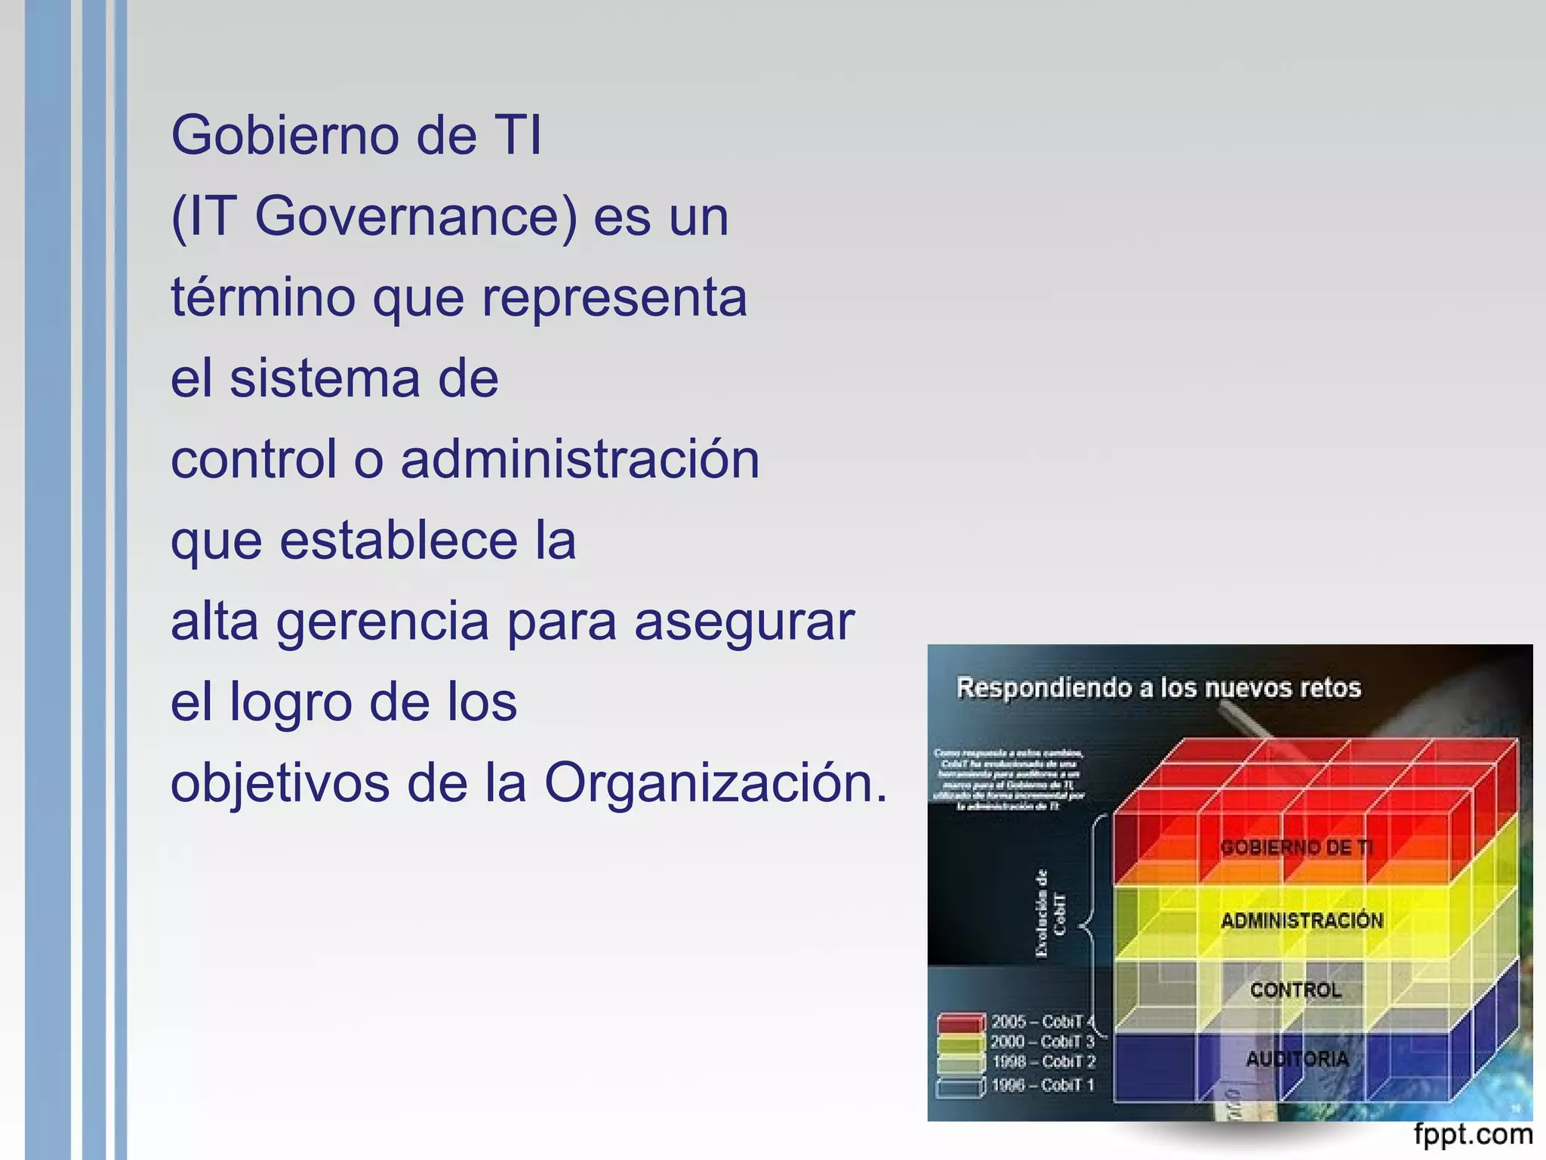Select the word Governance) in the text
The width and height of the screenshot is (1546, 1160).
[x=416, y=217]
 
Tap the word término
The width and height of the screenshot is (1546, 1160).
[x=263, y=297]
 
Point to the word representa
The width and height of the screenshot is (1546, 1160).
[x=614, y=298]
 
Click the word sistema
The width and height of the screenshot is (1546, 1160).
[x=324, y=378]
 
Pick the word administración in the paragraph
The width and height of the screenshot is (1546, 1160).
[x=580, y=459]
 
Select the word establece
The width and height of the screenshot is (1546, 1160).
[x=399, y=540]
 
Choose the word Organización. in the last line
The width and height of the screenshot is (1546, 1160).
[x=716, y=783]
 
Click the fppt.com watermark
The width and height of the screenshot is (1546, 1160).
[x=1473, y=1134]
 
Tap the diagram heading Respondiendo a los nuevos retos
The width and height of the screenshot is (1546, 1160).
[x=1158, y=688]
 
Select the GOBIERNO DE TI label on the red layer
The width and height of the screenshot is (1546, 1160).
[x=1296, y=847]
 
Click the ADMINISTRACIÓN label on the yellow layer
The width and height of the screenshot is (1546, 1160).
[x=1301, y=921]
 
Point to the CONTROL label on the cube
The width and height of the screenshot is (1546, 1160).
[x=1295, y=990]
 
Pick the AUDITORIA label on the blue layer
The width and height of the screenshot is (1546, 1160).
[x=1297, y=1059]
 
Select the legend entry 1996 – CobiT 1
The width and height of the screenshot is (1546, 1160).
[x=1042, y=1085]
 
